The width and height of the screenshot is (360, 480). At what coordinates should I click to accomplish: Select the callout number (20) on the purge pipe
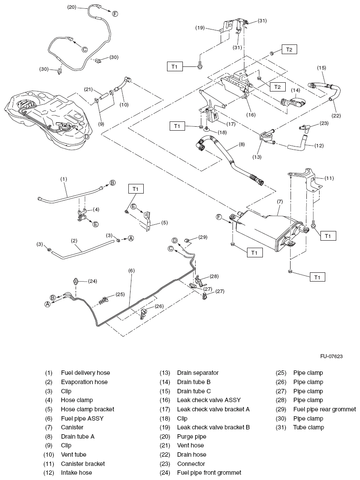tap(72, 7)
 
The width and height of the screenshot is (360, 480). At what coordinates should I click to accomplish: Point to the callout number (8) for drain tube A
tap(242, 143)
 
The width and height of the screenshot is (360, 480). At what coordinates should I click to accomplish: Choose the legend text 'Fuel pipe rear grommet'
tap(324, 409)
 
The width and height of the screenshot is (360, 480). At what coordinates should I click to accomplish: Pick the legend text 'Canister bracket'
tap(83, 464)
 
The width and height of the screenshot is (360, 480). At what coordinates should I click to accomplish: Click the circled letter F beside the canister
tap(218, 217)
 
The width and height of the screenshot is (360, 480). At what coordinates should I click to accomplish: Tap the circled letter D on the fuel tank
tap(87, 136)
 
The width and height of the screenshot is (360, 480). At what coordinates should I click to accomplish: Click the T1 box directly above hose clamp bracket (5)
tap(136, 189)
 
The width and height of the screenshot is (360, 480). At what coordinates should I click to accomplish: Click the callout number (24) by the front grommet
tap(92, 281)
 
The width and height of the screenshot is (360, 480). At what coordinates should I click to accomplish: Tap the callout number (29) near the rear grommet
tap(202, 237)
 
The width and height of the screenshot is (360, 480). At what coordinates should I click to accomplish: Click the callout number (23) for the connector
tap(324, 123)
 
